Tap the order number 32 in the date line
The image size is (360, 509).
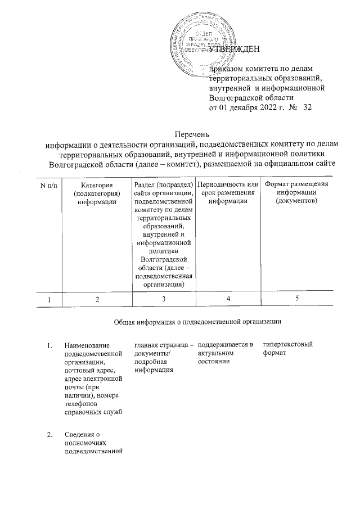(307, 107)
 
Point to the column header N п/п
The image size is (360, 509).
(49, 185)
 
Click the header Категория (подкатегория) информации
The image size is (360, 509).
(97, 193)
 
